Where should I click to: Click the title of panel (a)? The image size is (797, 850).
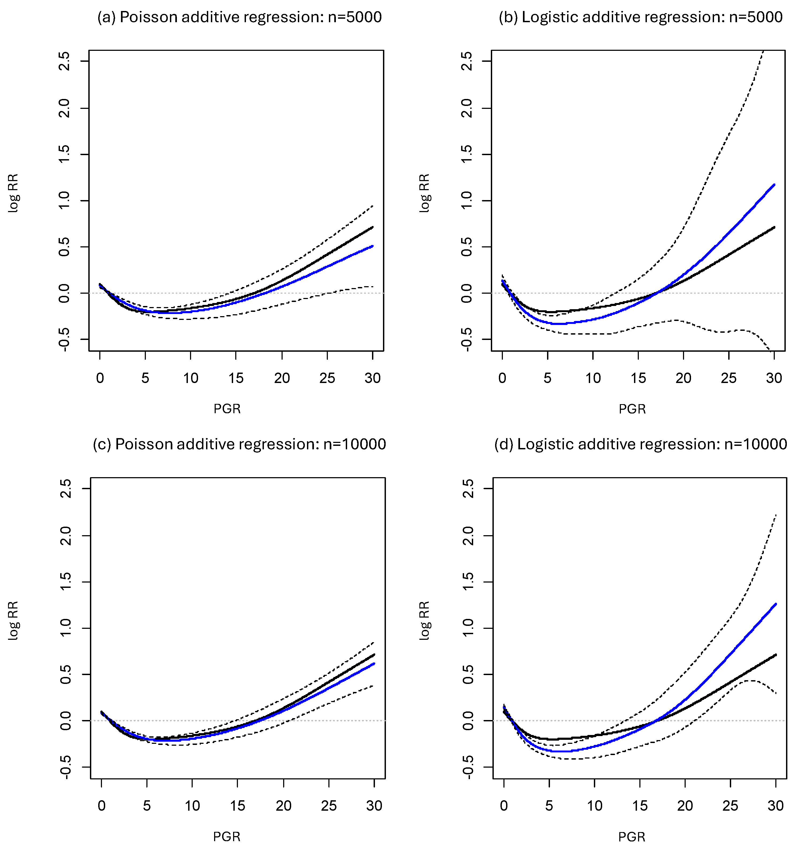[240, 17]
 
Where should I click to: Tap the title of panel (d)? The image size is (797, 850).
[640, 444]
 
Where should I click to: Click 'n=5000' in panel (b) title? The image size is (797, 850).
[756, 17]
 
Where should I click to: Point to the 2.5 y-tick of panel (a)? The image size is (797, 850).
[64, 61]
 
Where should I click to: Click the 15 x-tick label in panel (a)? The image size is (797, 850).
[236, 378]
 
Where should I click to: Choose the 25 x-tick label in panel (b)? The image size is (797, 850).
[728, 378]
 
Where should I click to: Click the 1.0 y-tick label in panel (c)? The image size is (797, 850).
[65, 628]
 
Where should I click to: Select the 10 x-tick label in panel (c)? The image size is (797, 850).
[192, 806]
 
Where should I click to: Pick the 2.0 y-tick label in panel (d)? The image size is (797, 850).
[468, 536]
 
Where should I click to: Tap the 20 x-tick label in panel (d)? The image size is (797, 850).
[685, 806]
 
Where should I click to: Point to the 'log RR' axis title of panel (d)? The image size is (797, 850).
[424, 621]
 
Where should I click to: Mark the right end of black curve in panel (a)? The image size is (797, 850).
[373, 227]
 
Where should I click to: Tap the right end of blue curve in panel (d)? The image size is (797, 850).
[775, 604]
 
